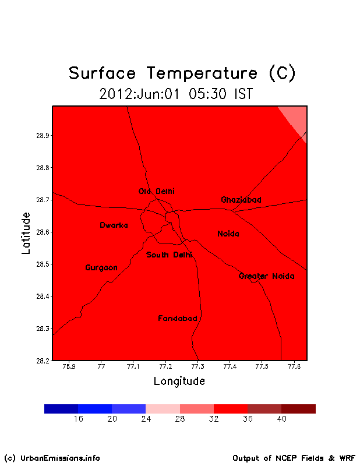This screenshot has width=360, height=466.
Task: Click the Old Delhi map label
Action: (x=157, y=191)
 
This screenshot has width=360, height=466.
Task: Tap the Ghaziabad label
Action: (x=241, y=200)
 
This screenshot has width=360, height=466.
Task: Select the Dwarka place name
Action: (x=114, y=225)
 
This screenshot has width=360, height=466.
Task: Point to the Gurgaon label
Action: (x=101, y=268)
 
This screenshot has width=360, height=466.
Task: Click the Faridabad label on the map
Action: (x=178, y=318)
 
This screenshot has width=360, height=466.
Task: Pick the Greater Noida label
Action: (x=267, y=276)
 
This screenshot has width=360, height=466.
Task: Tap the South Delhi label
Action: (x=169, y=255)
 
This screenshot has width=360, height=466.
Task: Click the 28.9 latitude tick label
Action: (x=43, y=136)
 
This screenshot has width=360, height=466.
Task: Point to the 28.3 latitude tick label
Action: (x=43, y=329)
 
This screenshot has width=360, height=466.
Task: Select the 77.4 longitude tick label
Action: (x=230, y=366)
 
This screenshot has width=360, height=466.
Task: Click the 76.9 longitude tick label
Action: (x=69, y=366)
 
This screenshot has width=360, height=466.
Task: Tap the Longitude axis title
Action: (x=179, y=382)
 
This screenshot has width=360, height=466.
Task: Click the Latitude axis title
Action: (x=26, y=233)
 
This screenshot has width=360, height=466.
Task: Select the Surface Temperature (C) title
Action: (x=182, y=73)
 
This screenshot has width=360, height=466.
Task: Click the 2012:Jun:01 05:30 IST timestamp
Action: (x=176, y=94)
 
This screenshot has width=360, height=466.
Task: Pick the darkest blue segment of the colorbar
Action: (x=61, y=409)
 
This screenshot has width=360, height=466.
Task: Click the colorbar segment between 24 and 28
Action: (x=163, y=409)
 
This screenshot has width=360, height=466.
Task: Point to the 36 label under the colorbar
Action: (x=248, y=419)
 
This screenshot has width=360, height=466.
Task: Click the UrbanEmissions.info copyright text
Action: (x=52, y=458)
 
